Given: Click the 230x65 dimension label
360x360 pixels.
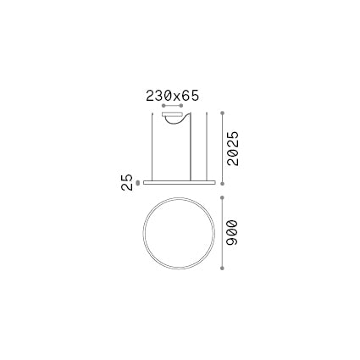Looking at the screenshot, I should click(172, 96).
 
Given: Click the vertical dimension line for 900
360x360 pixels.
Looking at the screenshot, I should click(221, 232).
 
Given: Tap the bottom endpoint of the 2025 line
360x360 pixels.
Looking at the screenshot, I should click(221, 181).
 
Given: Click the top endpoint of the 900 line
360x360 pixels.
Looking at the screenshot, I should click(221, 192).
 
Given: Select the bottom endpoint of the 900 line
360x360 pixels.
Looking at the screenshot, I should click(221, 273).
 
